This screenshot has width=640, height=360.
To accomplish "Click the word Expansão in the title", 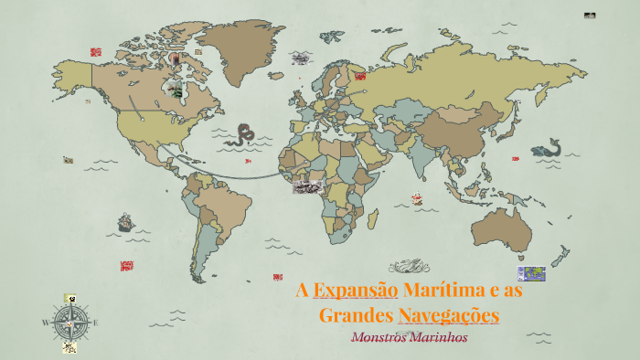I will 356,291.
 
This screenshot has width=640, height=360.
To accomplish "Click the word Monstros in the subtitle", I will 381,336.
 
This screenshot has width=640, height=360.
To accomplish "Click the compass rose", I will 69,322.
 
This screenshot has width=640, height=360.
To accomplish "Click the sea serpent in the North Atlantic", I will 244,135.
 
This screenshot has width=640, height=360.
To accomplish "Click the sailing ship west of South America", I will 125,222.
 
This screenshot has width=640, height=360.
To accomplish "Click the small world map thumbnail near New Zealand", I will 531,273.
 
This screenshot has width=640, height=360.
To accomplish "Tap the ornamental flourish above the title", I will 409,266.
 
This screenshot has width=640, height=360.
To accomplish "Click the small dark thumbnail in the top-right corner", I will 590,16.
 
